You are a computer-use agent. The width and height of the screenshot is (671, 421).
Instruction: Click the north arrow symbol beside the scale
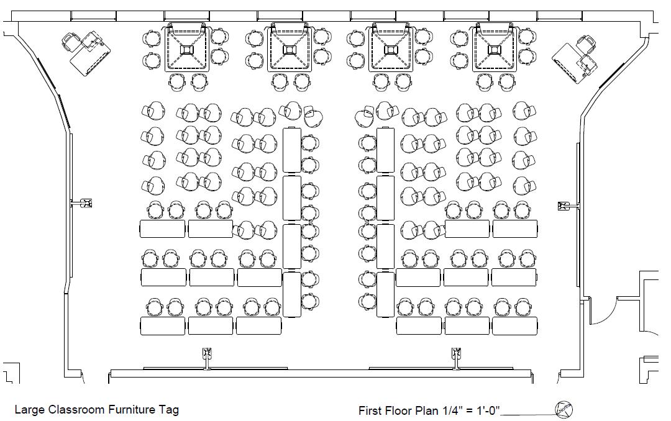coord(564,409)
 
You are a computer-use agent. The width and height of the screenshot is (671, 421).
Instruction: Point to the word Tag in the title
coord(169,410)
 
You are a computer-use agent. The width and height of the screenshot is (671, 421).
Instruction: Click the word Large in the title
coord(29,410)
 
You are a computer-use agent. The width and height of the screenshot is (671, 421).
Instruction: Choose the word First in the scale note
coord(371,410)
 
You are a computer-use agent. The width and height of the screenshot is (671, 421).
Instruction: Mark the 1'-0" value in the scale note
coord(488,410)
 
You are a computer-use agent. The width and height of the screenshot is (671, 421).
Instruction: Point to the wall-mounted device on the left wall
coord(84,202)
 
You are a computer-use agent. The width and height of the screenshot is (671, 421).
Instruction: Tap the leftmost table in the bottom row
coord(163,325)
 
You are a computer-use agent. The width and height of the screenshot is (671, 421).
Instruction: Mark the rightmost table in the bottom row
coord(515,325)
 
